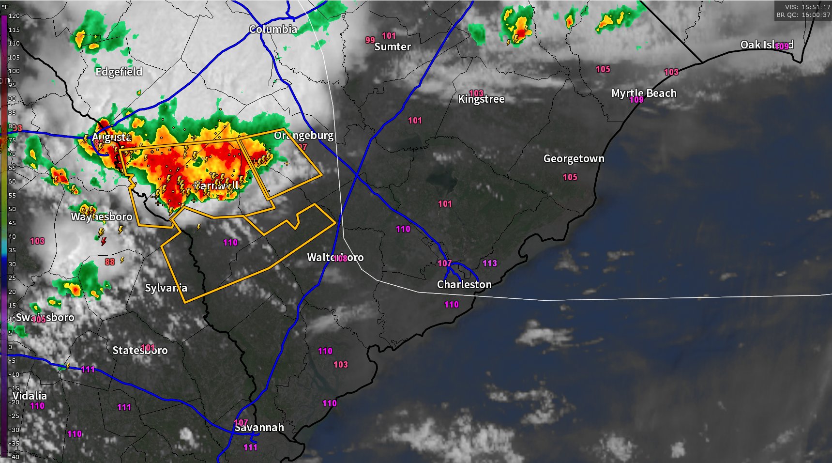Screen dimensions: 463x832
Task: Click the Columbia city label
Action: (273, 29)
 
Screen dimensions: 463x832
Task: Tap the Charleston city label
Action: (464, 284)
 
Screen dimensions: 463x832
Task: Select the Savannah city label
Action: (259, 427)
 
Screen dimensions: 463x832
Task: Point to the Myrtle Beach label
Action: (644, 93)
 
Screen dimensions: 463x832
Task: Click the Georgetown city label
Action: (574, 158)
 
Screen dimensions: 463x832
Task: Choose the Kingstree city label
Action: (481, 99)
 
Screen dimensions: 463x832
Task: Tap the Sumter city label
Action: (393, 46)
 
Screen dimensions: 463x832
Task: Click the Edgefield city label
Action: (119, 72)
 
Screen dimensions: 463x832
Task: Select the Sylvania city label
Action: (166, 288)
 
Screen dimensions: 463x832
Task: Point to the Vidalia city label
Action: (30, 396)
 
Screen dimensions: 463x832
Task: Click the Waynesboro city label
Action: (102, 216)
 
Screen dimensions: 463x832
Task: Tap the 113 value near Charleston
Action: (489, 263)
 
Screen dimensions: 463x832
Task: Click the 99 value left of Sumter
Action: (370, 40)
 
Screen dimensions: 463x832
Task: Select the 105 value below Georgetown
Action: (570, 177)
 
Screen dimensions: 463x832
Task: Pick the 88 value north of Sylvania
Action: (110, 262)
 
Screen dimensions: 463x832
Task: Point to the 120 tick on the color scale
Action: (14, 15)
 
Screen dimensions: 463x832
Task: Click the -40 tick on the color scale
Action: (14, 457)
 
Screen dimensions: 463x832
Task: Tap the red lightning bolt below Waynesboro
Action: (104, 241)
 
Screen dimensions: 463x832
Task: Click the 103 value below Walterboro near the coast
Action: (340, 364)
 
